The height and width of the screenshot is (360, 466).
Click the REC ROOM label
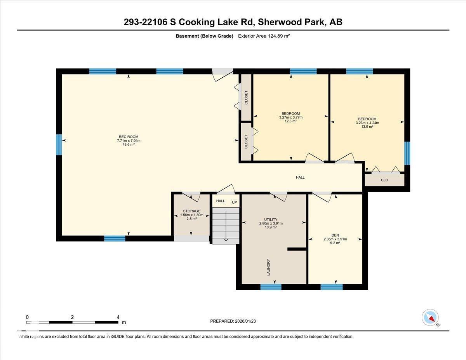[129, 136]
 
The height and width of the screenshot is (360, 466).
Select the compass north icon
[430, 318]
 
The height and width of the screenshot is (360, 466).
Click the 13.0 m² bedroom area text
[367, 127]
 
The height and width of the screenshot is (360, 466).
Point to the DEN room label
[335, 235]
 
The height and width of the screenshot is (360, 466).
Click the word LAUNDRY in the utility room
[268, 267]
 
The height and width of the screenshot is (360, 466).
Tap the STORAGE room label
[191, 211]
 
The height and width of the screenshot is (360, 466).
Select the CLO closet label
[384, 180]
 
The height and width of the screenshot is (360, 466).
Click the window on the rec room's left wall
[59, 144]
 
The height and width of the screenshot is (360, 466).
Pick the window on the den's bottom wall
[332, 287]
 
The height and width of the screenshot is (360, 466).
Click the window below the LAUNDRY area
[271, 287]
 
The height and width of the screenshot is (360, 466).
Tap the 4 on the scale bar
[118, 317]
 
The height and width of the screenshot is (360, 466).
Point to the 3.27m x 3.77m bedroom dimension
[290, 117]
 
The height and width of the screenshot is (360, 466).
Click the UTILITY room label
[271, 219]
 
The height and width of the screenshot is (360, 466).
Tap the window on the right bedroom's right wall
[407, 153]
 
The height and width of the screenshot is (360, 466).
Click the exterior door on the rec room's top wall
[223, 72]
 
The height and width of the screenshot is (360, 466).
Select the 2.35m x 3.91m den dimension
[335, 239]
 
